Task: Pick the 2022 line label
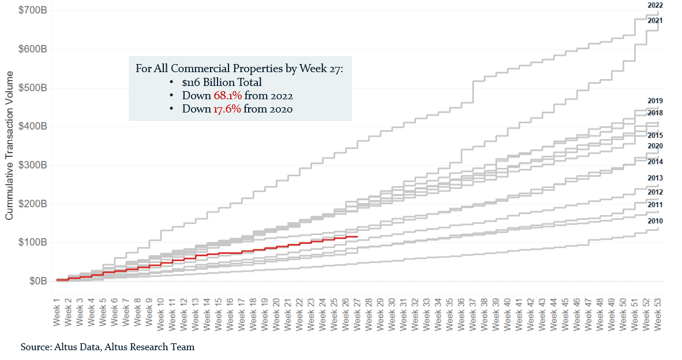tap(655, 5)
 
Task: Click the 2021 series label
tap(655, 21)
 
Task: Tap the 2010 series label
tap(655, 221)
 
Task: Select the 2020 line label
tap(655, 146)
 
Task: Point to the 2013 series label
tap(655, 178)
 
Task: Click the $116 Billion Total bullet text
tap(222, 82)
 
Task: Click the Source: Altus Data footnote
tap(107, 347)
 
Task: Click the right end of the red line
tap(358, 237)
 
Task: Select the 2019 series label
tap(655, 101)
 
